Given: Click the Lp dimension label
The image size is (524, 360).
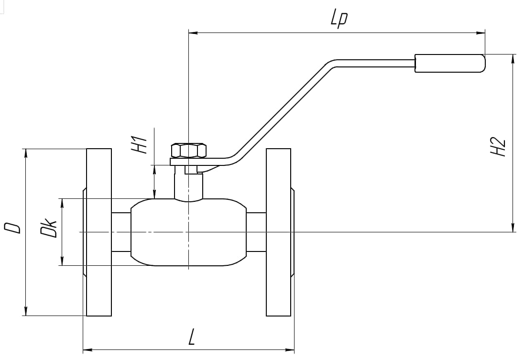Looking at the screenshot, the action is (x=339, y=20).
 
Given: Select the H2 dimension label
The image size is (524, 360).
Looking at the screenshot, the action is (x=498, y=147).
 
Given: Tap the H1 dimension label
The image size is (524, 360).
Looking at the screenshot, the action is (x=139, y=144).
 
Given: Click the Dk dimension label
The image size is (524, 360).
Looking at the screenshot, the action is (x=49, y=228).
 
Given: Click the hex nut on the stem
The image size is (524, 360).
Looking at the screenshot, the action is (x=188, y=151).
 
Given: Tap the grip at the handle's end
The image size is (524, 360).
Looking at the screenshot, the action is (x=450, y=63).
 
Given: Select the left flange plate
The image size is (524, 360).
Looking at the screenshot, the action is (x=99, y=232).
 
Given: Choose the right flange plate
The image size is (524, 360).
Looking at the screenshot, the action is (x=278, y=232).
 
